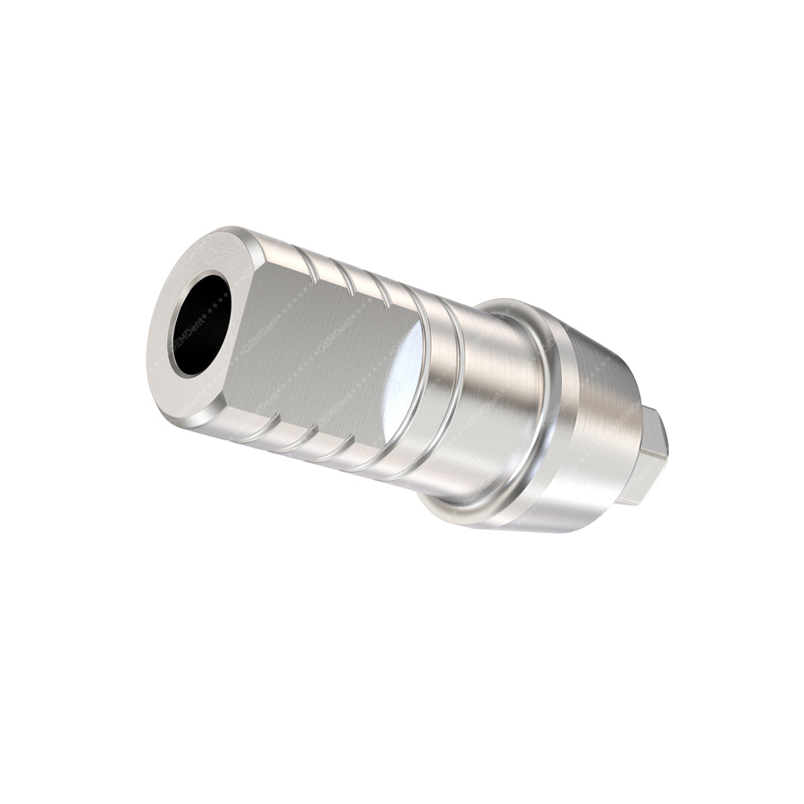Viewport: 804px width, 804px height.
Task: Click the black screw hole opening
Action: [199, 324]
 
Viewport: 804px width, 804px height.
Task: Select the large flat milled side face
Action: [322, 338]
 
